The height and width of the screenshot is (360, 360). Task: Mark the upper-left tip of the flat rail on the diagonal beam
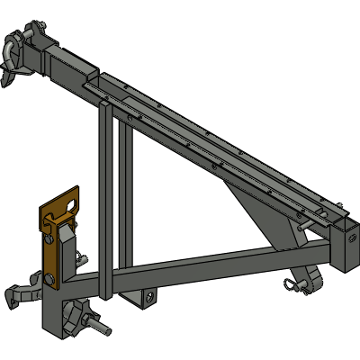coord(86,86)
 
